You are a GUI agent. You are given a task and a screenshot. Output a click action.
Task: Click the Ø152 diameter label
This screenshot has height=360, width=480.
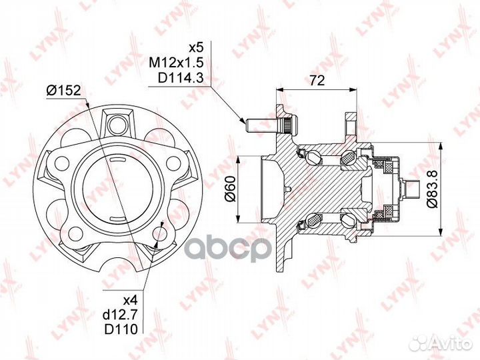(x=64, y=90)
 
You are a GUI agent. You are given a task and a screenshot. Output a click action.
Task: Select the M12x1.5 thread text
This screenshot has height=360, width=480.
(x=176, y=63)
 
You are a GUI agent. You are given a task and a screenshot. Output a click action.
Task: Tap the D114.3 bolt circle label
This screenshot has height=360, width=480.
(x=181, y=78)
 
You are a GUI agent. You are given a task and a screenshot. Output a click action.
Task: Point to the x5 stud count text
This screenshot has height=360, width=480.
(x=196, y=48)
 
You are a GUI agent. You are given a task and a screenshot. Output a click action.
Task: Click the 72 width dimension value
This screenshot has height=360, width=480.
(x=317, y=80)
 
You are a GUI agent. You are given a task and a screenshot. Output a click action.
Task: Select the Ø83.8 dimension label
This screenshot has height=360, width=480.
(x=433, y=189)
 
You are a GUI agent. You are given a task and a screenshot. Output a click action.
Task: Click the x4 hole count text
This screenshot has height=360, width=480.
(x=131, y=301)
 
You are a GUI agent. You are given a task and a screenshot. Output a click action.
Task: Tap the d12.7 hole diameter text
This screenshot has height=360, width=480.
(x=121, y=315)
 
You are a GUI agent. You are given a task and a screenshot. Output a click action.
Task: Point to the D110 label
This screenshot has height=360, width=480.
(x=121, y=329)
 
